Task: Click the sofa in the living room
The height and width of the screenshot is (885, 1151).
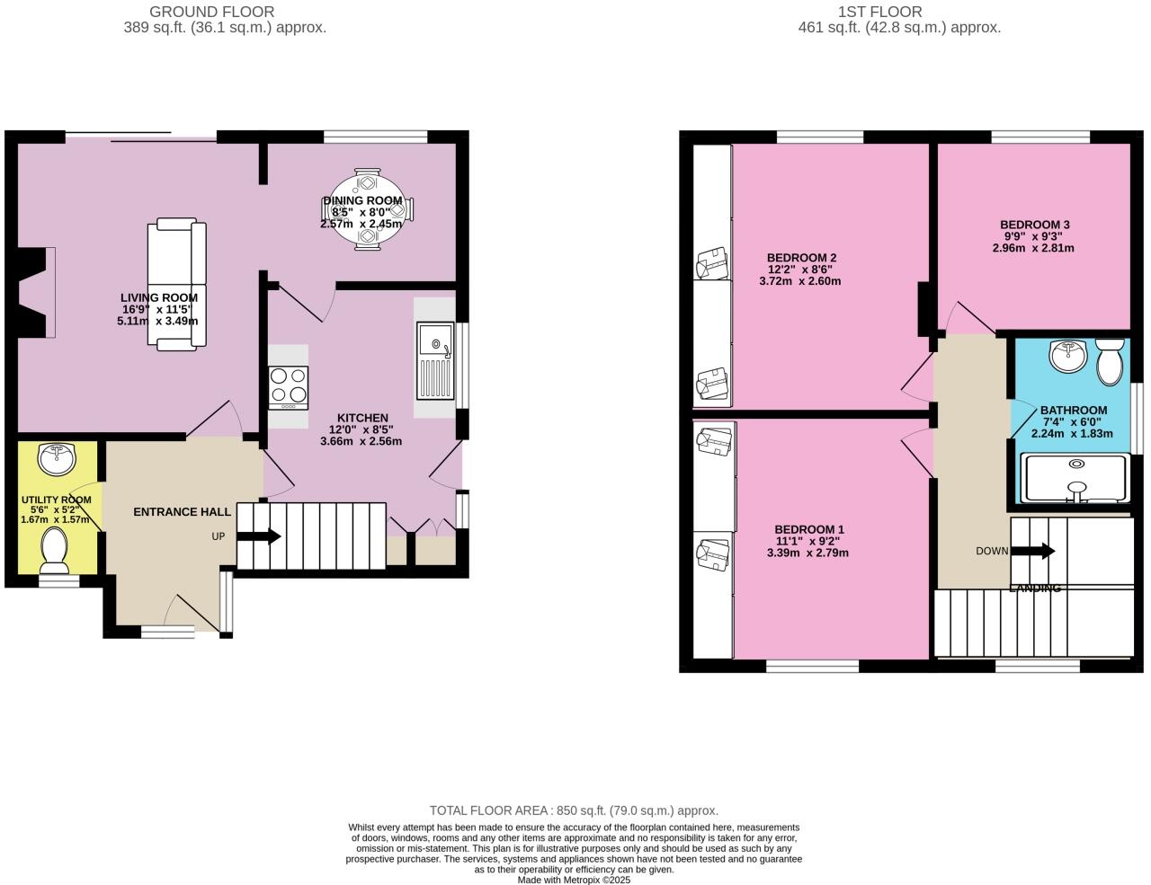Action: (177, 284)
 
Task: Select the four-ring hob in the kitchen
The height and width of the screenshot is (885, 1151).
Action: (288, 387)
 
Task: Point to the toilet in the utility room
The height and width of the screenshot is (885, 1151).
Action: (55, 550)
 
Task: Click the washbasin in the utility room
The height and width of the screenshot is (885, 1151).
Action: (58, 458)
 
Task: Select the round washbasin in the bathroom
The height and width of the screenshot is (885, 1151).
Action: (1068, 356)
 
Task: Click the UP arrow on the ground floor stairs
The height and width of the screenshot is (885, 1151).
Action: (259, 536)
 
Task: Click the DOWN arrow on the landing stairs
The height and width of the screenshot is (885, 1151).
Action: (1033, 551)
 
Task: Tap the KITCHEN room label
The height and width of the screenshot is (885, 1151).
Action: (362, 418)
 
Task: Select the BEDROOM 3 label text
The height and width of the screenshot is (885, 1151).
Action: (1034, 225)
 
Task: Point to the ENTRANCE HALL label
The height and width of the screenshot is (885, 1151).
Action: (182, 512)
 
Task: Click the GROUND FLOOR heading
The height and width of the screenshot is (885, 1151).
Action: (211, 12)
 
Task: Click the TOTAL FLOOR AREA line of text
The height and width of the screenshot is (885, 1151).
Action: (574, 810)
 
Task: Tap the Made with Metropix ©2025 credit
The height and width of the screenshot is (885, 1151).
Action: (574, 881)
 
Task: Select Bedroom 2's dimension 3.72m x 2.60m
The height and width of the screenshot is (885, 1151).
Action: (799, 281)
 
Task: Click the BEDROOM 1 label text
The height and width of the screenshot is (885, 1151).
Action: (809, 529)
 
